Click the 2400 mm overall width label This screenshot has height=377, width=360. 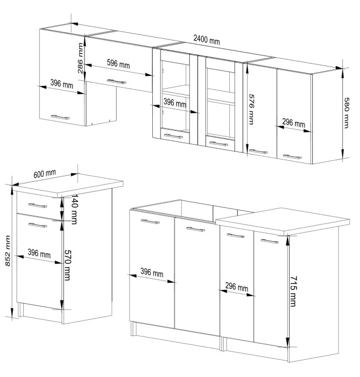pos(207,39)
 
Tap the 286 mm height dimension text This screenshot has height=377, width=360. pos(80,58)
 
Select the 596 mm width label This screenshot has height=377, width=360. pos(118,64)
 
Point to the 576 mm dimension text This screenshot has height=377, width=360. pos(251,109)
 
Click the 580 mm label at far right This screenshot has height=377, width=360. pos(346,113)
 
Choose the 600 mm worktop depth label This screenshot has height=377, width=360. pos(45,174)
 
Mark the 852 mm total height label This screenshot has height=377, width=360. pos(8,251)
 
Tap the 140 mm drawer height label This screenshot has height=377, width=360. pos(74,210)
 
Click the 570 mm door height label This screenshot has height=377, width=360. pos(68,265)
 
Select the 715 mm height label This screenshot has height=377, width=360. pos(293,291)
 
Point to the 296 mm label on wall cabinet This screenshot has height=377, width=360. pos(294,123)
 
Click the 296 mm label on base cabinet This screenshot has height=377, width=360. pos(236,287)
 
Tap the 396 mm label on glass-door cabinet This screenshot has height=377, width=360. pos(175,103)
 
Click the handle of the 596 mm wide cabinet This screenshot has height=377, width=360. pos(116,81)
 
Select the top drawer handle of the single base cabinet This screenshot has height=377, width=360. pos(38,206)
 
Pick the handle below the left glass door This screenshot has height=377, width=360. pos(173,136)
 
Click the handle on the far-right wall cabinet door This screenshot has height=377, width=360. pos(292,157)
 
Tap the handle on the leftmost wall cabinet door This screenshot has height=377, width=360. pos(60,118)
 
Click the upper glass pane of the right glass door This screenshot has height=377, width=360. pos(218,79)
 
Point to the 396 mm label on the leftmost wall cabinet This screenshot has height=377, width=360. pos(61,84)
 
